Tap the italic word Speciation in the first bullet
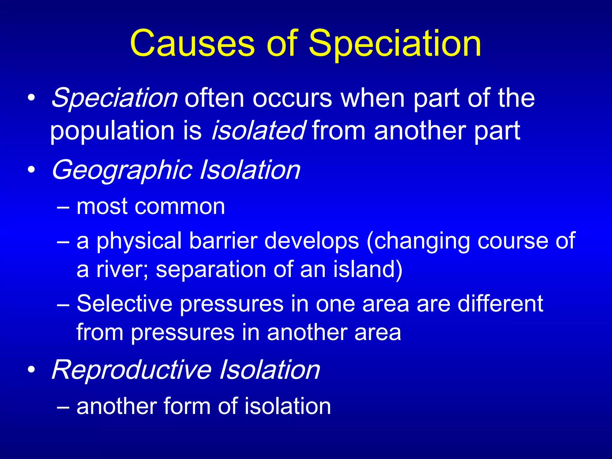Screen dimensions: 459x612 [x=114, y=98]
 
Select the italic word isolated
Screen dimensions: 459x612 [x=258, y=130]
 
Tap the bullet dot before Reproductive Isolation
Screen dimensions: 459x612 [x=31, y=370]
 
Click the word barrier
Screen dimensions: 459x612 [x=223, y=241]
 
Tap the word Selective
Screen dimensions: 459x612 [x=125, y=304]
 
